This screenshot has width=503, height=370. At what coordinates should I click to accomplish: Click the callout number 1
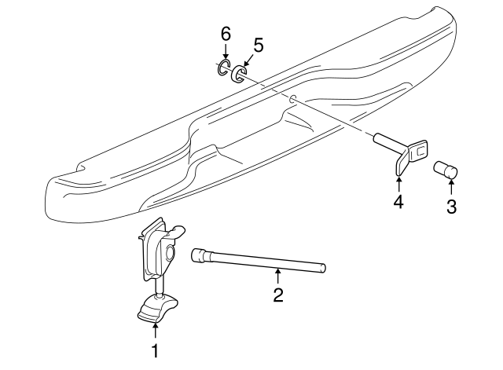[156, 350]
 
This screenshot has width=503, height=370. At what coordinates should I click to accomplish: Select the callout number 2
[277, 295]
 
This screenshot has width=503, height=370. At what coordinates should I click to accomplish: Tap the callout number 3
[451, 207]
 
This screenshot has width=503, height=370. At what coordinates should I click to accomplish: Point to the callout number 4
[398, 203]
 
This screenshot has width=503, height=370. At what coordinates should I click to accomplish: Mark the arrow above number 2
[277, 276]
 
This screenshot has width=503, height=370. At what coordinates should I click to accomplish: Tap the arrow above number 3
[451, 187]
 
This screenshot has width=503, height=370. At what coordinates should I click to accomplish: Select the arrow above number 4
[398, 183]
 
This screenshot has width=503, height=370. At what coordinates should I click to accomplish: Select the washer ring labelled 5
[239, 74]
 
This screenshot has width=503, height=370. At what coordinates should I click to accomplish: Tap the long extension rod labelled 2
[267, 262]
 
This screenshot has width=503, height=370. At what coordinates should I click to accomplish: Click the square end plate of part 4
[419, 149]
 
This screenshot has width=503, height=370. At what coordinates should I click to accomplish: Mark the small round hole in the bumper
[292, 99]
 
